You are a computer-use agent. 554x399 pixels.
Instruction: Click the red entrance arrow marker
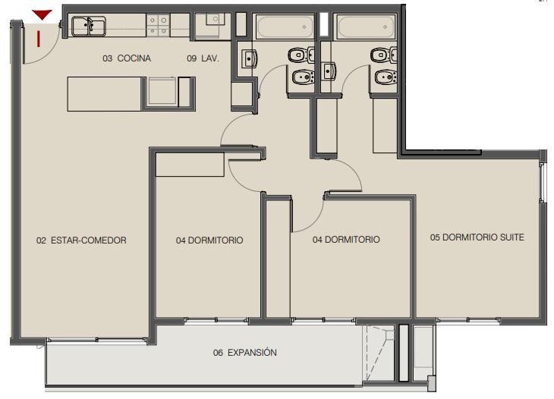(x=42, y=15)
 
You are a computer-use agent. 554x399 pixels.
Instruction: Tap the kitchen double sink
(x=88, y=27)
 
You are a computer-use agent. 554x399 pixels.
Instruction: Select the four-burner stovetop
(x=158, y=26)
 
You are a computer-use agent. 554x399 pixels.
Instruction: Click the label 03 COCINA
(x=127, y=58)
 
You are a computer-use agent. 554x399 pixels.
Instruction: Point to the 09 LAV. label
(x=203, y=58)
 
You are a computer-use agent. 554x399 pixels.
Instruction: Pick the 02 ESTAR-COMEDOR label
(x=81, y=240)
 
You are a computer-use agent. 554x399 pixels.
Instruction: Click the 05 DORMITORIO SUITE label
(x=477, y=237)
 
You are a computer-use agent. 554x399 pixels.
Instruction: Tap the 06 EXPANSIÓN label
(x=245, y=353)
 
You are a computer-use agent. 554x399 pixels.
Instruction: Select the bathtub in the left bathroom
(x=285, y=27)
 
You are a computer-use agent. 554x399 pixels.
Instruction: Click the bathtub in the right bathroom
(x=366, y=27)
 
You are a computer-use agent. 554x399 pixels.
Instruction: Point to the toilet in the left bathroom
(x=301, y=55)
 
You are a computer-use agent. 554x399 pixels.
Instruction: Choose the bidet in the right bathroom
(x=385, y=77)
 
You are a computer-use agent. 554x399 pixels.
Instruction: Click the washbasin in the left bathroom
(x=250, y=58)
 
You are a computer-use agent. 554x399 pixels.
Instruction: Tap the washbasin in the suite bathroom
(x=329, y=71)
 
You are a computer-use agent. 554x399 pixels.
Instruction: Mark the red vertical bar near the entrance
(x=39, y=39)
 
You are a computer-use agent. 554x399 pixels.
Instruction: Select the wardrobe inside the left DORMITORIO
(x=190, y=165)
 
